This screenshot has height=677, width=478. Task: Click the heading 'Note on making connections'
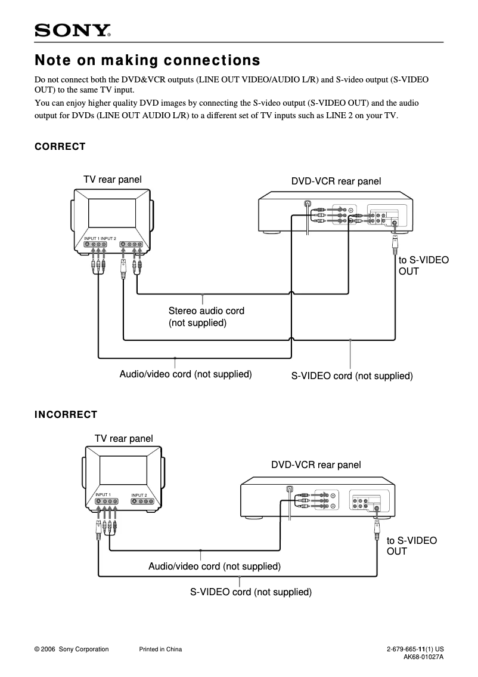(x=147, y=60)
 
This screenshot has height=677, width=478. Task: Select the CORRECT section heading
(x=60, y=147)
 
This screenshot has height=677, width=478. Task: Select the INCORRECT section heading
(x=66, y=414)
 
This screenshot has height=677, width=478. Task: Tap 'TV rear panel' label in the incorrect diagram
(x=123, y=438)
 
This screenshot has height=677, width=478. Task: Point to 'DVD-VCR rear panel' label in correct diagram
(x=336, y=181)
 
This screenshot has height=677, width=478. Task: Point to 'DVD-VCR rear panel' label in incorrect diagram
(x=316, y=464)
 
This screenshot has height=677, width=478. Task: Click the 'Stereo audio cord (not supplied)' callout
(x=206, y=317)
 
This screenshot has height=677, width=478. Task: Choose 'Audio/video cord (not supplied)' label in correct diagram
(x=185, y=374)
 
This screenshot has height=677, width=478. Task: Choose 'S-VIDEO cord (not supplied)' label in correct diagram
(x=352, y=376)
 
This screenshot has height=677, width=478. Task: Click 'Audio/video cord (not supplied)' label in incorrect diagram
(x=214, y=566)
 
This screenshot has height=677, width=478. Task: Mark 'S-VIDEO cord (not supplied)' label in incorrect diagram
(x=251, y=592)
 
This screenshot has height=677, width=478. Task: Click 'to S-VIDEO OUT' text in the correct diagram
(x=423, y=266)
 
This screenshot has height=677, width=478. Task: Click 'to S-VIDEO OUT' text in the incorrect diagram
(x=411, y=546)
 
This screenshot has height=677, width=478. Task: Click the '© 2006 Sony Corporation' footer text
(x=72, y=650)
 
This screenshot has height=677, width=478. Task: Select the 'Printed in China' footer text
(x=160, y=650)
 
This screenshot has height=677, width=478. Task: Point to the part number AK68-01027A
(x=424, y=657)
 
